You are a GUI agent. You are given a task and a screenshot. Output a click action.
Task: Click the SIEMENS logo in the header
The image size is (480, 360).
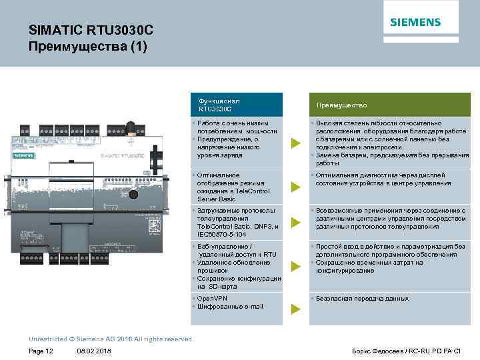click(415, 22)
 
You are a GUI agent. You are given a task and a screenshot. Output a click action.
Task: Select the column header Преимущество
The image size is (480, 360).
click(341, 105)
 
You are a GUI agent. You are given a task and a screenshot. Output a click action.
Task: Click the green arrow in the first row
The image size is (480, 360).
click(295, 143)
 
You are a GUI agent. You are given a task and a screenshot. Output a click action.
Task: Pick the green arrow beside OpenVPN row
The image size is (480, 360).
click(295, 309)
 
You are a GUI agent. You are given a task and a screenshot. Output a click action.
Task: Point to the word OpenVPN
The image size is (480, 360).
click(214, 299)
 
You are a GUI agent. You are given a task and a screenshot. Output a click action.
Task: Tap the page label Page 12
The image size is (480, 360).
click(41, 351)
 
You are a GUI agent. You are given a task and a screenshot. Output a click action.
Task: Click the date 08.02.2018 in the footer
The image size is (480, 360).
click(94, 351)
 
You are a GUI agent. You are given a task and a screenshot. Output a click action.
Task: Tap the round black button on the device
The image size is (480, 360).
click(133, 195)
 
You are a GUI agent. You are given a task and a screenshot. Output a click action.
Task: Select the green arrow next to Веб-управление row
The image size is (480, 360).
click(295, 267)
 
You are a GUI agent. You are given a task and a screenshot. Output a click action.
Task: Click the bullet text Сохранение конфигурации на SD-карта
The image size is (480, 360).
click(238, 282)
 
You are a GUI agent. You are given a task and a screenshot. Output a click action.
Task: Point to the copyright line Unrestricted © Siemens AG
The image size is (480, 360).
click(111, 339)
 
